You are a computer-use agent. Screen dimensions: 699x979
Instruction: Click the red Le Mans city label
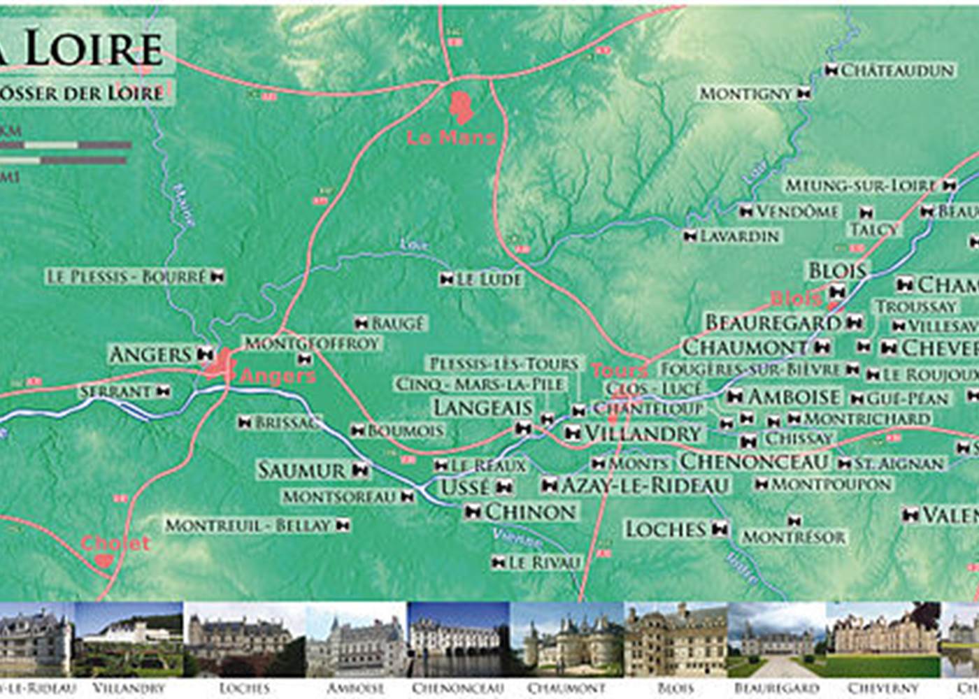point(451,138)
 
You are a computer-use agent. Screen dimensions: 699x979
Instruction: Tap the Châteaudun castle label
point(897,71)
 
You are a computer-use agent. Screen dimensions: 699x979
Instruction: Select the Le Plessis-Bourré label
point(127,277)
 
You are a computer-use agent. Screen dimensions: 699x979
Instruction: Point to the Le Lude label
point(489,280)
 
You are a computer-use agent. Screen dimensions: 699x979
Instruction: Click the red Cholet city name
point(115,543)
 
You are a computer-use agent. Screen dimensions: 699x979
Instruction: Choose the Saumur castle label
point(301,470)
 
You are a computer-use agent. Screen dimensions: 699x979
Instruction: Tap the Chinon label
point(530,512)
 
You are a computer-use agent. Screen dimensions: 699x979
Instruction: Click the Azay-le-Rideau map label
point(645,485)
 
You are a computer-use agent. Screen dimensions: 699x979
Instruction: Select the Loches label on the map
point(666,529)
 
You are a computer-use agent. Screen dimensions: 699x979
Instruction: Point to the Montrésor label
point(794,537)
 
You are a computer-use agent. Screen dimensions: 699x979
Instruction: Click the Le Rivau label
point(544,563)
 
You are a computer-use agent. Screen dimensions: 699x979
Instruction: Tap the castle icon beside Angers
point(205,354)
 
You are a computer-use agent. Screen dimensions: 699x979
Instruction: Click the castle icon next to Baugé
point(361,323)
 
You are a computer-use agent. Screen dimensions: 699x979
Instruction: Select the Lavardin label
point(739,236)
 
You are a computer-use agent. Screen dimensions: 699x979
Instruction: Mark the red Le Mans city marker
point(461,107)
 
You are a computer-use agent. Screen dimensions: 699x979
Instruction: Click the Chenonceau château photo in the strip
point(458,639)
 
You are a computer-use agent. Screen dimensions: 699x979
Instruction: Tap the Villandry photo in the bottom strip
point(129,639)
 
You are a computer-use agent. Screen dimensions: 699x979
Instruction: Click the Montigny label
point(745,93)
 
